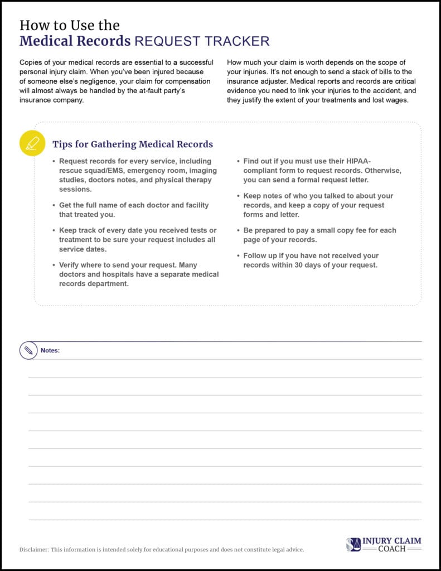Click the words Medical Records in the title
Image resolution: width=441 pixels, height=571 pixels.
75,41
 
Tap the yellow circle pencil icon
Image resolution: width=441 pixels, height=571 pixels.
32,143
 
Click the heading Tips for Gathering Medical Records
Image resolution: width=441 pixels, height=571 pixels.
133,144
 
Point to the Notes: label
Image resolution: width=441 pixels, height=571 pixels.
50,351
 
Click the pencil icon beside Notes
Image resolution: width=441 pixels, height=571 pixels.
28,351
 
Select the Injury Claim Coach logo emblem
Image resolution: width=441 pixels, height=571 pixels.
353,544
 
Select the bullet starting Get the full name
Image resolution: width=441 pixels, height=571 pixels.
134,209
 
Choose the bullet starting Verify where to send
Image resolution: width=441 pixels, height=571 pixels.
139,274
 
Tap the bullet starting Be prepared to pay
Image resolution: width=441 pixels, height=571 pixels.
319,235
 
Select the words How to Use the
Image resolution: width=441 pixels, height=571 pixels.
69,25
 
